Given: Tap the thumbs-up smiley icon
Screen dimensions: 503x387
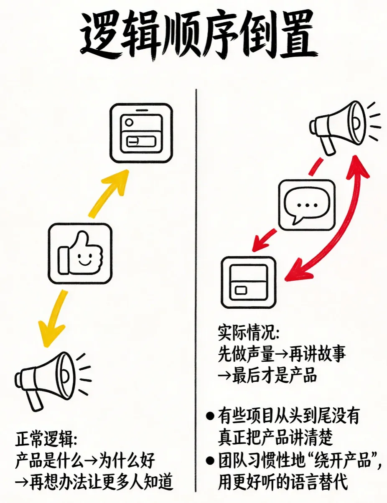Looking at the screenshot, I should (x=80, y=254).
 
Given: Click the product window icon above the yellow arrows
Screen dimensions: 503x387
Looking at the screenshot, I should (x=141, y=133).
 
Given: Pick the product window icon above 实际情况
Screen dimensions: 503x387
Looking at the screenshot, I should (x=249, y=282).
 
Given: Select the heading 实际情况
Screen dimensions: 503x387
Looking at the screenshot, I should (x=248, y=333).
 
